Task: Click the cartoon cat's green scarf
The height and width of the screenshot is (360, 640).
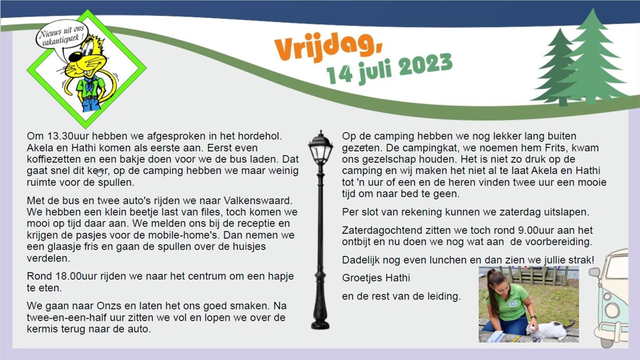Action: pos(87,85)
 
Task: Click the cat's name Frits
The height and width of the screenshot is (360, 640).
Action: pos(541,148)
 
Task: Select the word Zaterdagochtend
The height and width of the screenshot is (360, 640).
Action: pos(383,229)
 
